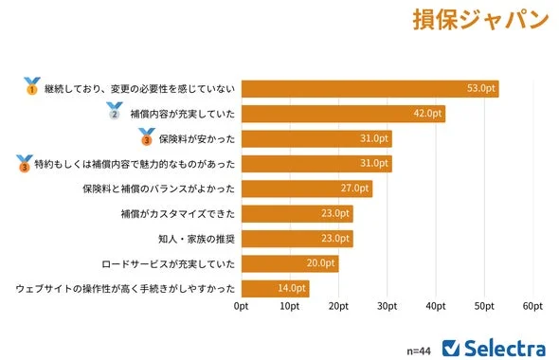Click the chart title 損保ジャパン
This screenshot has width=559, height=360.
481,21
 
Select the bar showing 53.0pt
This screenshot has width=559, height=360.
370,89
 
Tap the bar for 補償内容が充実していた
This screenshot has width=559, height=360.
343,114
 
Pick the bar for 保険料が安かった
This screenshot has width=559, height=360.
316,139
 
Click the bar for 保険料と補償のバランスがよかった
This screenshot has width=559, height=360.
307,189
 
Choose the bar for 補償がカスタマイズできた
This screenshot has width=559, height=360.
298,213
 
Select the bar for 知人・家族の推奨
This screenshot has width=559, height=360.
298,239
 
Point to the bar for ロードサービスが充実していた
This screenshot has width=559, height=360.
290,263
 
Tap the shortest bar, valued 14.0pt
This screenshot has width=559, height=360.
276,288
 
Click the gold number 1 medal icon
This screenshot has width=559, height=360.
31,86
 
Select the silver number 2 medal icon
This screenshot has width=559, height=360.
115,112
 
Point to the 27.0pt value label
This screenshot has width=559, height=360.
355,189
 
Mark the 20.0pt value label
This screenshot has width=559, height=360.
321,263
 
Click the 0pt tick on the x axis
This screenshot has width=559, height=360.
242,307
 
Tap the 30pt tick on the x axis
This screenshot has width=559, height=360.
387,307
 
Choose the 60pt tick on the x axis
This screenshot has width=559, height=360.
532,307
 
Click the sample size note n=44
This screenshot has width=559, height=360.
419,350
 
